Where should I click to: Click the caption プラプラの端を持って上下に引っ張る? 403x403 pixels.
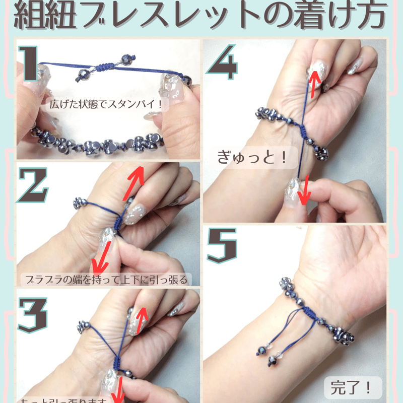point(106,279)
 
